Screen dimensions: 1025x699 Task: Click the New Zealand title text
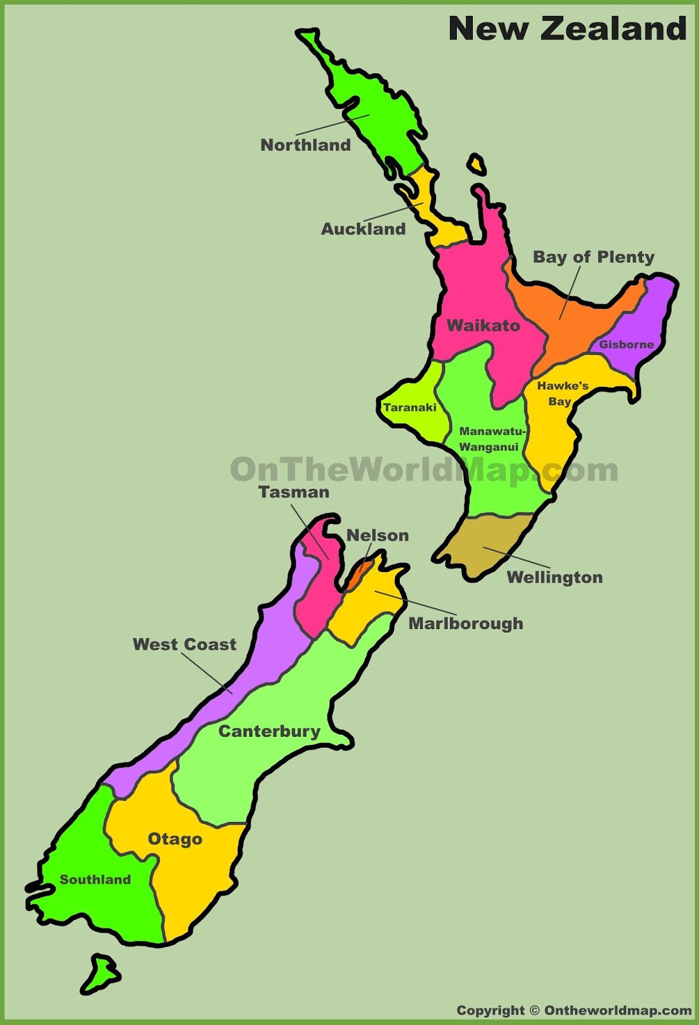567,29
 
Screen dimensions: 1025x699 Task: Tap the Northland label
306,145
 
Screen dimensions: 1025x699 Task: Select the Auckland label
363,229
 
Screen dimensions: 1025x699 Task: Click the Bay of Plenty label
593,258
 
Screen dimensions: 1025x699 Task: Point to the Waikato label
483,325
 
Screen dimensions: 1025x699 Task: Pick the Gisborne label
626,345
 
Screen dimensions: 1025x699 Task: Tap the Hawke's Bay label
562,393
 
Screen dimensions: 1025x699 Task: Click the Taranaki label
410,407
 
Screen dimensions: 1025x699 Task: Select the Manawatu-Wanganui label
491,439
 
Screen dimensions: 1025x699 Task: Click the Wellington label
555,578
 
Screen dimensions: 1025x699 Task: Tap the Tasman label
294,493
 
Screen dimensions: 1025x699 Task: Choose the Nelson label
377,536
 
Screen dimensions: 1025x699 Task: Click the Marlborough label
466,624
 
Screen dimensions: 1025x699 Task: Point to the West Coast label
185,644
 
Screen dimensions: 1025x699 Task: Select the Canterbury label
269,732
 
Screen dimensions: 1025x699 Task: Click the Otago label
175,839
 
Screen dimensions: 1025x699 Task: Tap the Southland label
95,880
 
